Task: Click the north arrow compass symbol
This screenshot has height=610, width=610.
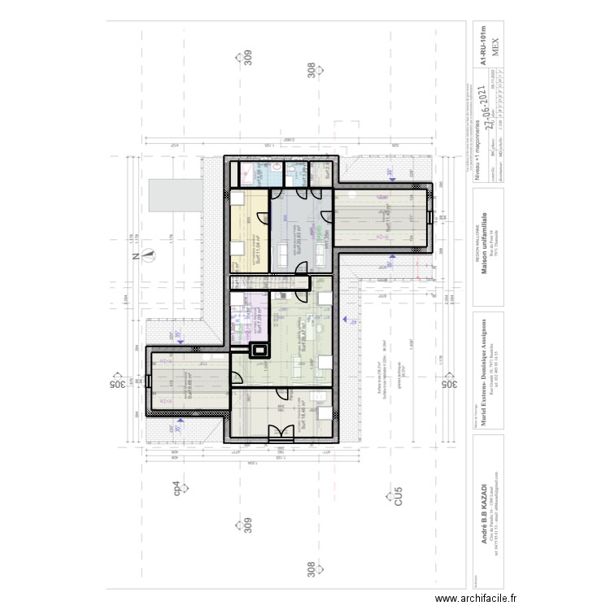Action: click(x=148, y=255)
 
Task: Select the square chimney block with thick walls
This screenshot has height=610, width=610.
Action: click(x=260, y=351)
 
